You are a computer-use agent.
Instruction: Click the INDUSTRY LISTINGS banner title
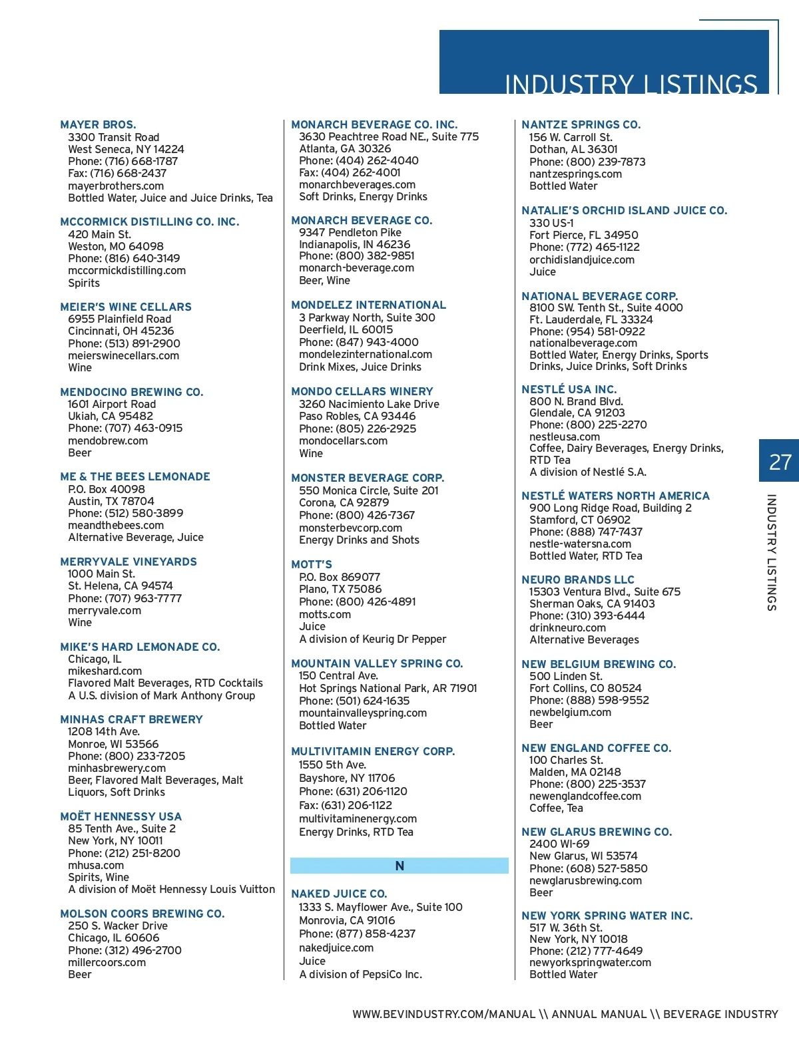click(631, 84)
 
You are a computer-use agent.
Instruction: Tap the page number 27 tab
click(779, 461)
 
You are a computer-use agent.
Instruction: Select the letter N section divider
click(400, 866)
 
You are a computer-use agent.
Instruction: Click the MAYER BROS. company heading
click(98, 124)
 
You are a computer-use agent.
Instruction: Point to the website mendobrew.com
click(108, 440)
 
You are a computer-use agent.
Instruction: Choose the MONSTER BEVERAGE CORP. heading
click(368, 478)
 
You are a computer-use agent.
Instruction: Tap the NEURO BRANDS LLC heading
click(578, 580)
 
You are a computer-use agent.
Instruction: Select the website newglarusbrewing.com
click(585, 880)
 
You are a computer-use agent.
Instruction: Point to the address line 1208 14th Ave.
click(104, 731)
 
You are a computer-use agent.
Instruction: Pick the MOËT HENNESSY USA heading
click(121, 816)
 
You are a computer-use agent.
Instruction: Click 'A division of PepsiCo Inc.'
click(360, 974)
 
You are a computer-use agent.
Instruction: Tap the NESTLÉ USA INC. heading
click(569, 389)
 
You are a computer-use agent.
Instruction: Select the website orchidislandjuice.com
click(582, 259)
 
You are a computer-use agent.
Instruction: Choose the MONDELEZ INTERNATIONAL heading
click(368, 305)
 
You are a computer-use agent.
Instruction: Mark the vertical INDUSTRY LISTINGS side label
click(772, 552)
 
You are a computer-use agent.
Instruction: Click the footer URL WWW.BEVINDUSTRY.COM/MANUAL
click(444, 1014)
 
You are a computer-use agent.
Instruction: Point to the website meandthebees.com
click(116, 525)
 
